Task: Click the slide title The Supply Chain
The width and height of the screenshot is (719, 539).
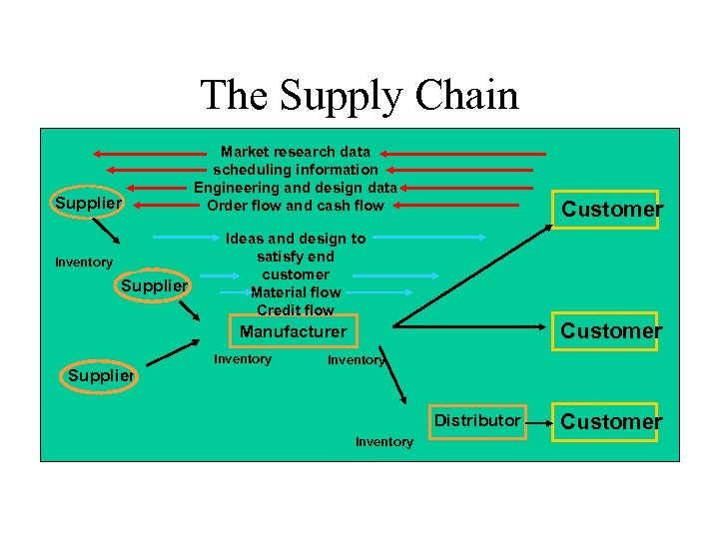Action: coord(359,96)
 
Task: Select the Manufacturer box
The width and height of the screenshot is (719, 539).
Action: coord(294,331)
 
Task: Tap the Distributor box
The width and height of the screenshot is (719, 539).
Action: coord(476,421)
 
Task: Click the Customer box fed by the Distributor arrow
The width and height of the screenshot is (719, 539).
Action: coord(611,421)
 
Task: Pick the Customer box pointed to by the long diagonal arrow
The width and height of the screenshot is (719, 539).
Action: coord(611,209)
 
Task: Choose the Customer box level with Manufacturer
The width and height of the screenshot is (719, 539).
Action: coord(611,330)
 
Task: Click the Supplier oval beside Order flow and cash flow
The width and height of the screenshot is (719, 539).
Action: coord(88,204)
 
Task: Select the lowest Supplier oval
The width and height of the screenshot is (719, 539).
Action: coord(101,375)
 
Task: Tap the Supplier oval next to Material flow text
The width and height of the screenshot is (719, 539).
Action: coord(154,286)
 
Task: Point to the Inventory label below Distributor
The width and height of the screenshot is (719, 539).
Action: coord(383,442)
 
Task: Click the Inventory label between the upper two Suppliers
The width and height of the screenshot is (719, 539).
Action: coord(84,263)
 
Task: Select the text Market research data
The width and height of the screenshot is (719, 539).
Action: coord(296,152)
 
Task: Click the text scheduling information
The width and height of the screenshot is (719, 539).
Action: coord(296,170)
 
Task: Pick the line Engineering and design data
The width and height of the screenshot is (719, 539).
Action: coord(296,188)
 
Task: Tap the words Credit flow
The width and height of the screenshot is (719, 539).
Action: coord(296,310)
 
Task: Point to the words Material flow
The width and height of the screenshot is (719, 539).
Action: coord(296,292)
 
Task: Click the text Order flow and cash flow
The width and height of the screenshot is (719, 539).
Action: coord(296,206)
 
